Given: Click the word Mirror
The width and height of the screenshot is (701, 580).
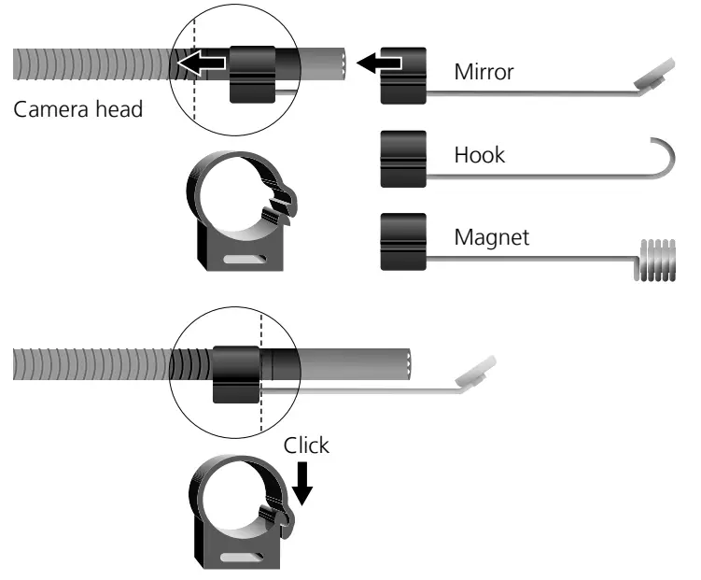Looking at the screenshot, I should click(x=485, y=72).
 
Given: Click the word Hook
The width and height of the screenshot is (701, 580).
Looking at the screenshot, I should click(x=479, y=154).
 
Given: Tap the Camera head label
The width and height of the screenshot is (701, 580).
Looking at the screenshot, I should click(x=78, y=110).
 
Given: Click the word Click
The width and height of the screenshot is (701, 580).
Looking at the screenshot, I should click(x=306, y=446).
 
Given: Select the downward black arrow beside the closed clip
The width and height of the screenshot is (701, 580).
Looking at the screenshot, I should click(x=301, y=483).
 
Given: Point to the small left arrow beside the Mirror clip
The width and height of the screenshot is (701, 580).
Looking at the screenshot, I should click(x=383, y=64).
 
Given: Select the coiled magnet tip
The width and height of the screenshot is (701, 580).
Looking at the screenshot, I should click(x=656, y=259).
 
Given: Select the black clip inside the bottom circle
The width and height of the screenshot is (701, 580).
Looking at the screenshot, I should click(x=235, y=373).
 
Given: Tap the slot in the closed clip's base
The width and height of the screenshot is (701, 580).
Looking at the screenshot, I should click(x=242, y=560).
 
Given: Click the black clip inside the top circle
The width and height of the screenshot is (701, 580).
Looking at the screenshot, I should click(x=251, y=72).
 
